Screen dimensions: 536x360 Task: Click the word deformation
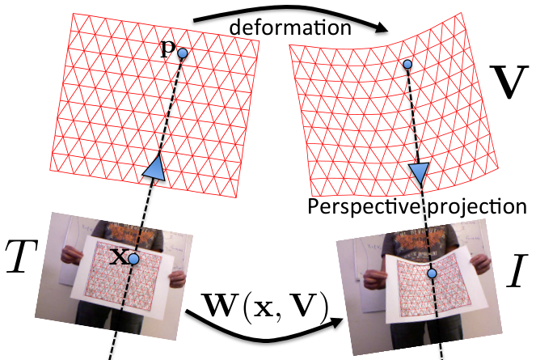click(290, 28)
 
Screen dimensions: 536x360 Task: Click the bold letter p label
click(168, 50)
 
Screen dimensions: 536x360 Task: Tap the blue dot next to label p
click(183, 53)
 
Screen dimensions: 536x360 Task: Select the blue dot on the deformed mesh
click(407, 64)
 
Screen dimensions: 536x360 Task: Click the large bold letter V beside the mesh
click(507, 82)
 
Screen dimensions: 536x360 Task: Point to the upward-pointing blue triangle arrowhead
click(154, 167)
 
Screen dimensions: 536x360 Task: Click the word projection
click(477, 207)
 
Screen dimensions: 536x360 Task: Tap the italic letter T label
click(20, 256)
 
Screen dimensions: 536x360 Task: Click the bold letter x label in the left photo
click(120, 257)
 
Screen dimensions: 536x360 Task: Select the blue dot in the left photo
click(133, 259)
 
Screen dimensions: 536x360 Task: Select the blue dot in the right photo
click(432, 273)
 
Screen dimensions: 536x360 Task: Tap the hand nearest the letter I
click(481, 265)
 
